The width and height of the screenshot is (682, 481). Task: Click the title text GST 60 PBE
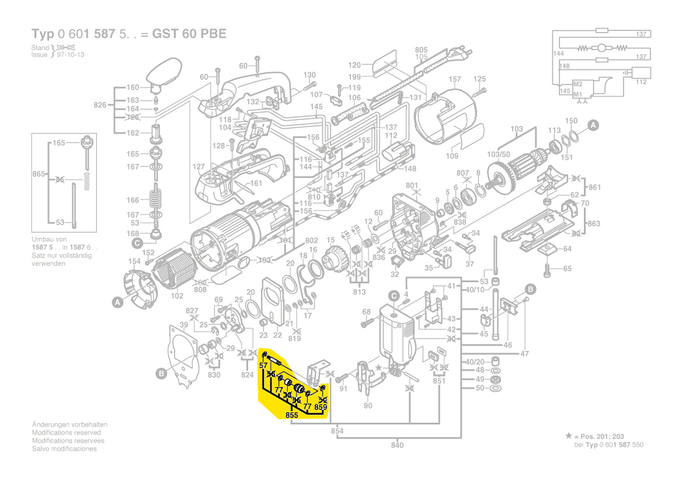coord(189,33)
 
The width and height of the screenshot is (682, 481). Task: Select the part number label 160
coord(133,88)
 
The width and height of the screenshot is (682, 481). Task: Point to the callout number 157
coord(454,79)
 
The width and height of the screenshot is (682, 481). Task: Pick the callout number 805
coord(421,50)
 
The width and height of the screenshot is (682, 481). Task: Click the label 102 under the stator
coord(176,296)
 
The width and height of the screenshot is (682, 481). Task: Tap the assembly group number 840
coord(397,445)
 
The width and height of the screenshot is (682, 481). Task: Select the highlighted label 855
coord(292,415)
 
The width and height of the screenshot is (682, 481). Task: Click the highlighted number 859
coord(321,408)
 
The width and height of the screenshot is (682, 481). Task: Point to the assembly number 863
coord(593,224)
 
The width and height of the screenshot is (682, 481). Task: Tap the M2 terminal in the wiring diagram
coord(577,84)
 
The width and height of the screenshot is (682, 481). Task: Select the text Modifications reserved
coord(66,433)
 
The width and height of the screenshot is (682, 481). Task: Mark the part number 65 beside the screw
coord(567,269)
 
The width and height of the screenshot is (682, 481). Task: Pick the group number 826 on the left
coord(100,105)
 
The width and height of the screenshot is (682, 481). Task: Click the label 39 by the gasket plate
coord(183,325)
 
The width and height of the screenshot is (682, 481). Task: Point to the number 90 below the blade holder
coord(368,406)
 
